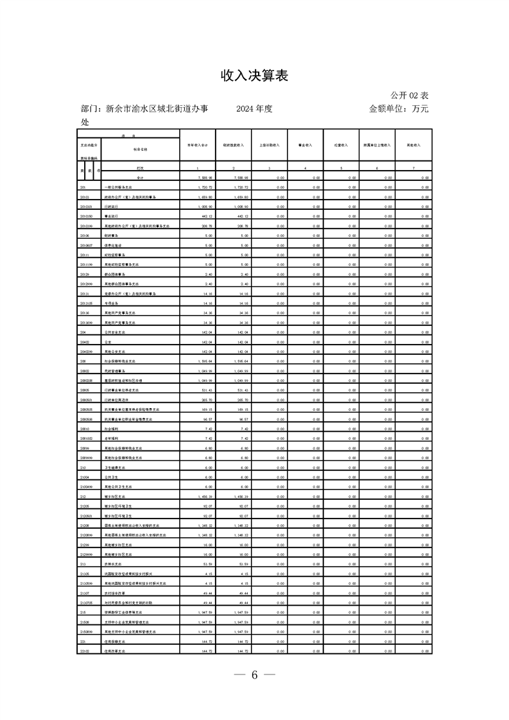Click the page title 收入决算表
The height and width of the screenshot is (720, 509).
coord(254,76)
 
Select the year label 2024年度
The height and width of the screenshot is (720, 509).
coord(254,109)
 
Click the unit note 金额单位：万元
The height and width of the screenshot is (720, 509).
coord(399,109)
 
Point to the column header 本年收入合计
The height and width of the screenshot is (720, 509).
coord(197,146)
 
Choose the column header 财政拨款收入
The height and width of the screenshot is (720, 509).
coord(233,146)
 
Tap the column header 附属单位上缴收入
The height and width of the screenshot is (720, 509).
coord(377,146)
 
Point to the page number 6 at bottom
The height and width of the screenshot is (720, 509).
coord(254,675)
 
